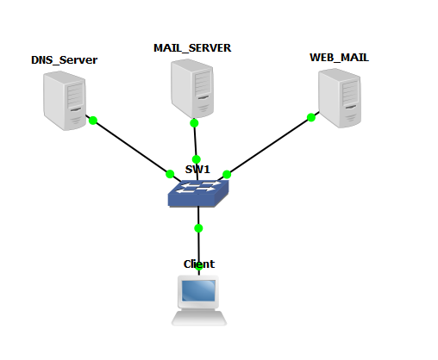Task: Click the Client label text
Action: [x=199, y=264]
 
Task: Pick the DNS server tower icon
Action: [x=67, y=97]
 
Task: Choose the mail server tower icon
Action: [x=191, y=87]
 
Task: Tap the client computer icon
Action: [x=199, y=300]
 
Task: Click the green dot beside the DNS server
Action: [x=93, y=121]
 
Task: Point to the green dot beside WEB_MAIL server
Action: [x=311, y=117]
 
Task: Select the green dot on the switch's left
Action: [x=170, y=174]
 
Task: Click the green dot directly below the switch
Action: [x=198, y=228]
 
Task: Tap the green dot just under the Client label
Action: [x=200, y=268]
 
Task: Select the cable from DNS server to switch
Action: [x=131, y=147]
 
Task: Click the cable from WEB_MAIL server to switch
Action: [x=270, y=146]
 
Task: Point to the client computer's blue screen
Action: [x=198, y=292]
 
